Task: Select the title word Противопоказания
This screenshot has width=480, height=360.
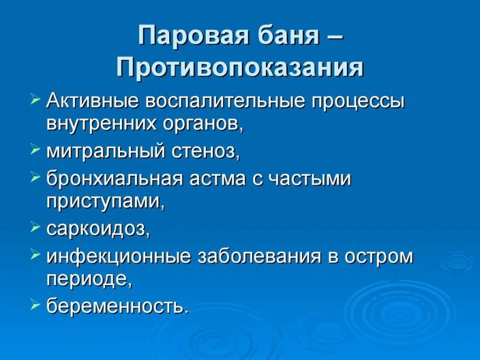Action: click(x=240, y=67)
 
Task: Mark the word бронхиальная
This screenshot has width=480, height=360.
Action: click(x=115, y=178)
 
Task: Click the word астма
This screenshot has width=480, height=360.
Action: click(x=217, y=178)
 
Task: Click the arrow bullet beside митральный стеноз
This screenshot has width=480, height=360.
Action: click(x=35, y=149)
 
